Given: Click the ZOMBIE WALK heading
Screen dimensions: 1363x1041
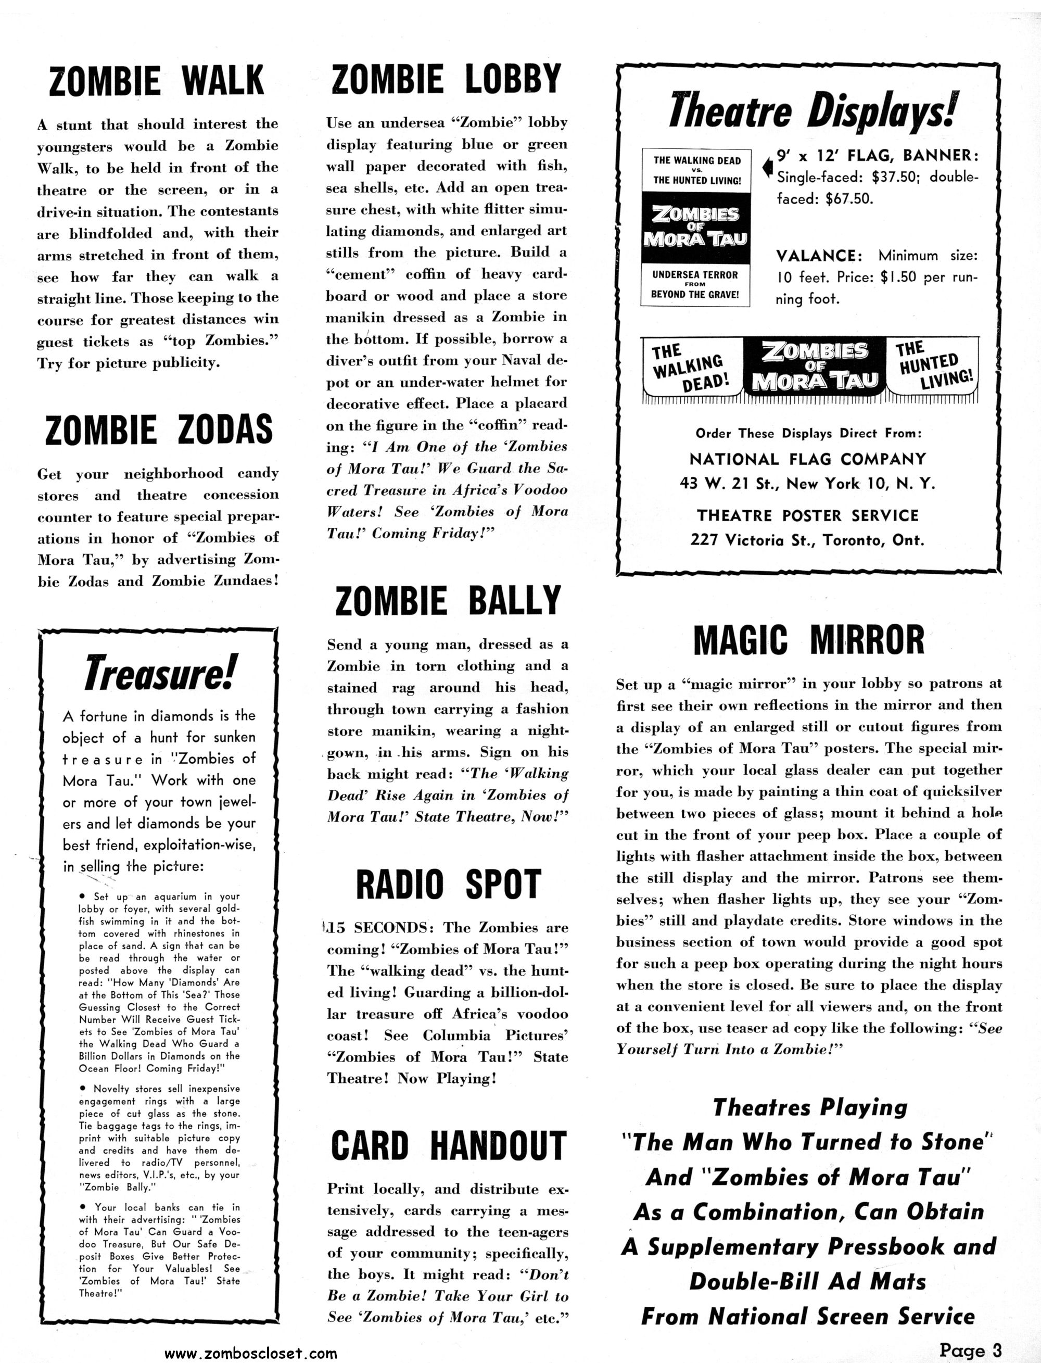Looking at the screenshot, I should (157, 81).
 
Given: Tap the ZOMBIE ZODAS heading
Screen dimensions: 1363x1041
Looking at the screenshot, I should (159, 430).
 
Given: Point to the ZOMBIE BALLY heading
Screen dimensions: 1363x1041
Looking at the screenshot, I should (448, 601).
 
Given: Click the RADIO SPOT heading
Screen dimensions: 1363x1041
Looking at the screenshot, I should (448, 884).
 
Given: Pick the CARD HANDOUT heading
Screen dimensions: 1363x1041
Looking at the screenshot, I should (448, 1145).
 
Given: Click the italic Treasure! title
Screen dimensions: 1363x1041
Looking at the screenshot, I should (159, 673).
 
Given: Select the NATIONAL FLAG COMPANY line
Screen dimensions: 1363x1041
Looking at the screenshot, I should (807, 459).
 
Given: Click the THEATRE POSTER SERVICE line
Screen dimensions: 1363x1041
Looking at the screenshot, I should (807, 516).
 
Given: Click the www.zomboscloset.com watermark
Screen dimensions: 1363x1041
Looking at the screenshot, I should (251, 1354).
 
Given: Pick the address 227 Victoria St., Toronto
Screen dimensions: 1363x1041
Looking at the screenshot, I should (807, 540).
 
